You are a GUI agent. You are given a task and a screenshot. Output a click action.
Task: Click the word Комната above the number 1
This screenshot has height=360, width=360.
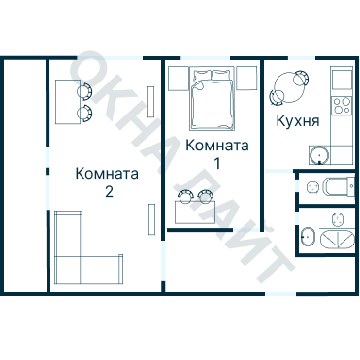point(216,146)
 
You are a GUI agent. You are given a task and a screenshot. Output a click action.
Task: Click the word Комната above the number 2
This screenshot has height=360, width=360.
point(107,174)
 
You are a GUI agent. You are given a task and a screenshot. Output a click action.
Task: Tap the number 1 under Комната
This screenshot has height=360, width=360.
point(217,163)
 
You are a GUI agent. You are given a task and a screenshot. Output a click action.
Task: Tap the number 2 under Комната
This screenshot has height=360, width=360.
point(109,191)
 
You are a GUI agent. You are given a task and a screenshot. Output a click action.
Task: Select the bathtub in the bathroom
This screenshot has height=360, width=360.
point(336,237)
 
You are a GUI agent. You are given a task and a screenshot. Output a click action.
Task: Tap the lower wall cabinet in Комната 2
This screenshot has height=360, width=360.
point(149,219)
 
